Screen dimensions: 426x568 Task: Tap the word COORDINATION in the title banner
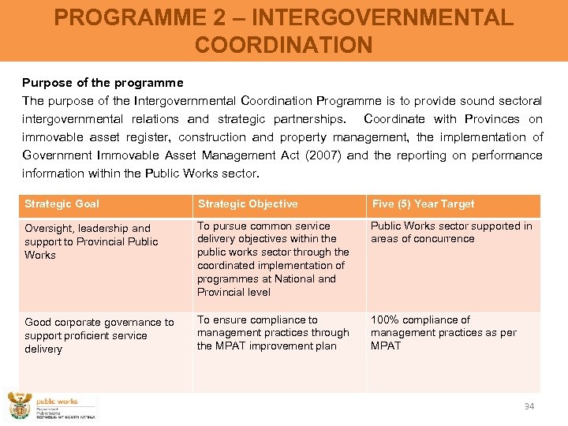(283, 45)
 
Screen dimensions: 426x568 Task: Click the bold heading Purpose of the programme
(103, 82)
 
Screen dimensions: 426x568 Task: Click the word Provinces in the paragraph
(492, 119)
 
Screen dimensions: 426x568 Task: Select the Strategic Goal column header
(62, 204)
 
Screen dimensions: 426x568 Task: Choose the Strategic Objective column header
(248, 204)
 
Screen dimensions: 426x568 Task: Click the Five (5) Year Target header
(424, 204)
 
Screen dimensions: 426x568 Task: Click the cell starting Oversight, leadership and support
(92, 241)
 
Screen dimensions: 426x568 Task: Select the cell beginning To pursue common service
(272, 259)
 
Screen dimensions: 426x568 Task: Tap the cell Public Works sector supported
(451, 232)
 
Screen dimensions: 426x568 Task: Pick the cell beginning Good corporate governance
(99, 335)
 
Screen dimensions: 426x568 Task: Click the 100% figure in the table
(386, 319)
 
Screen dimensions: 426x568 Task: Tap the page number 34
(529, 406)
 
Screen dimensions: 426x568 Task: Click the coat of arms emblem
(19, 407)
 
